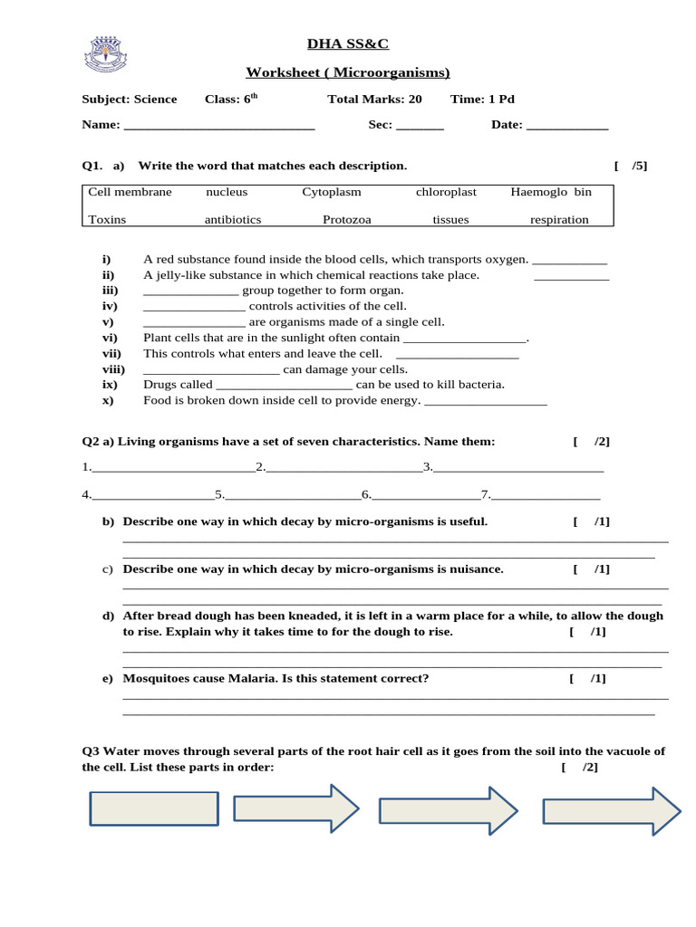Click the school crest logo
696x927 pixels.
click(x=107, y=54)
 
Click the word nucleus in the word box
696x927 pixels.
click(x=227, y=192)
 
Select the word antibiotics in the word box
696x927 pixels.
click(x=233, y=219)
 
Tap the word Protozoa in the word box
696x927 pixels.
click(x=348, y=219)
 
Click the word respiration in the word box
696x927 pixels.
click(x=559, y=219)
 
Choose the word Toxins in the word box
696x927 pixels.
click(x=107, y=219)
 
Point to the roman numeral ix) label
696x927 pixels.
click(x=109, y=385)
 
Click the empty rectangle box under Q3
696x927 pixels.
click(x=154, y=808)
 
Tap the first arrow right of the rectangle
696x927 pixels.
click(x=296, y=808)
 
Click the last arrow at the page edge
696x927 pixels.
click(x=611, y=810)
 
